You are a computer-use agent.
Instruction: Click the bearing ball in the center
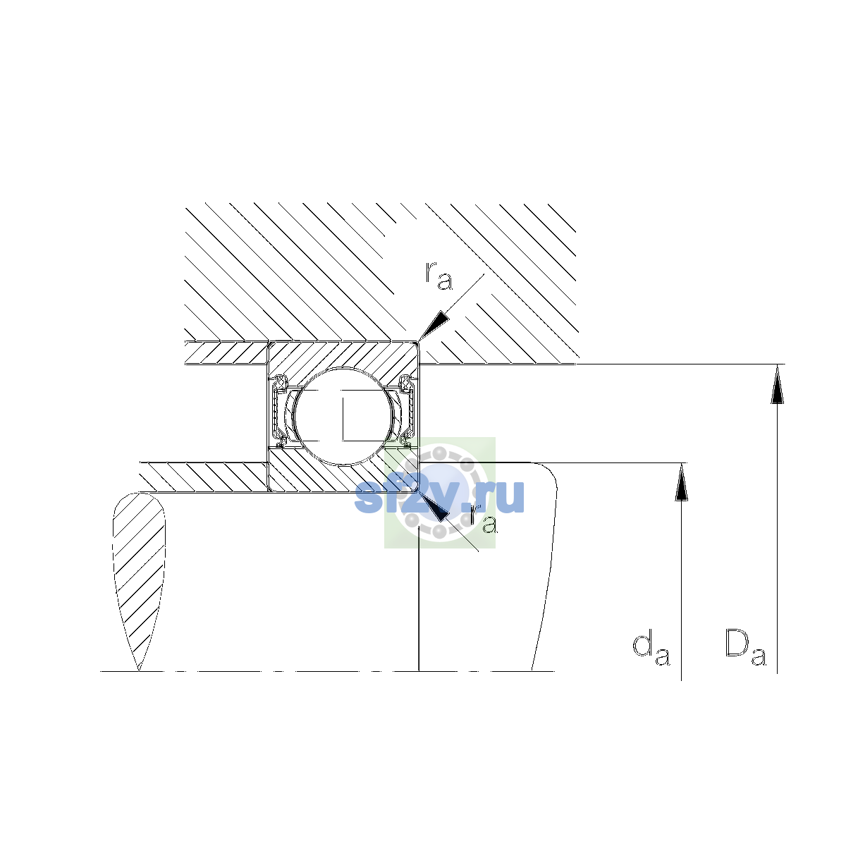tap(344, 416)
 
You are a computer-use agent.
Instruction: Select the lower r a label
tap(484, 519)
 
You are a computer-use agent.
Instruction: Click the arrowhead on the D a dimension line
tap(777, 384)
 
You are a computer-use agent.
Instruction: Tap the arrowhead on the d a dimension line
tap(681, 482)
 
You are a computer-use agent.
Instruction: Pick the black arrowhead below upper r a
tap(434, 326)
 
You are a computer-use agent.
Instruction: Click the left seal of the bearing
tap(278, 410)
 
